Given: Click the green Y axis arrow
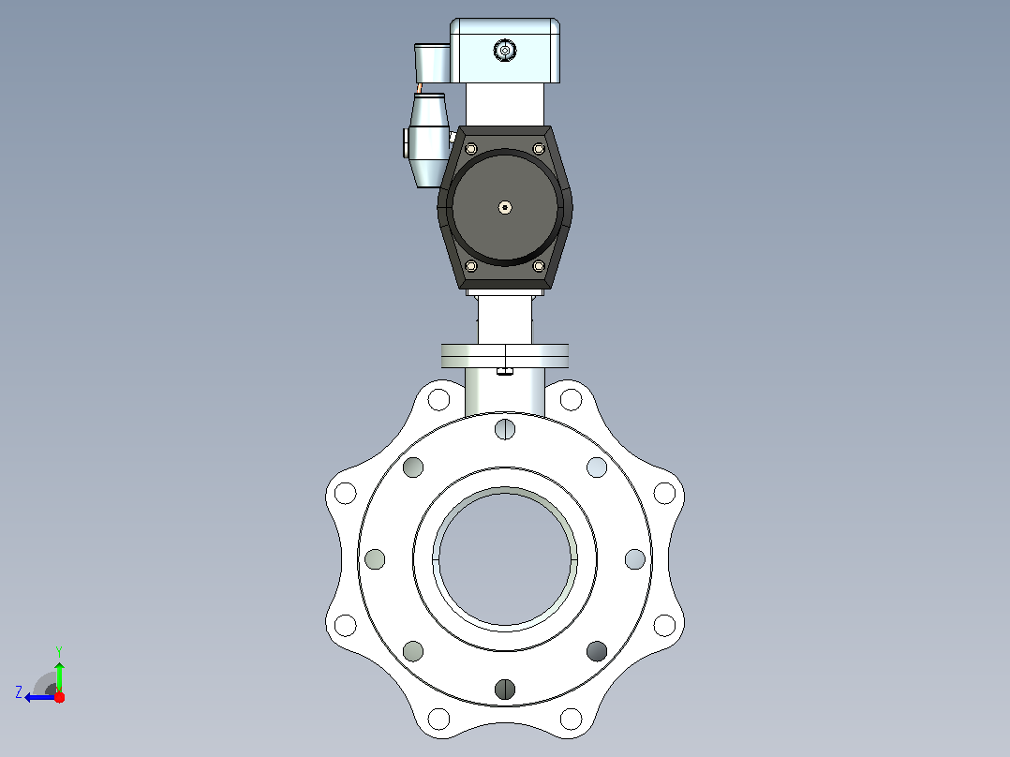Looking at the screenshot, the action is click(x=59, y=676).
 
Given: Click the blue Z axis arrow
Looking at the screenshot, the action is click(x=40, y=697).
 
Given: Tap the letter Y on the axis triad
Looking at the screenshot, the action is click(x=59, y=651).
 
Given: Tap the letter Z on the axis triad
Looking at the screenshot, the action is click(x=19, y=692).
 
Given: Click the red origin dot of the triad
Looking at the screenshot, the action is click(x=59, y=697).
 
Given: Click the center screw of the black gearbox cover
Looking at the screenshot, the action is click(x=505, y=207).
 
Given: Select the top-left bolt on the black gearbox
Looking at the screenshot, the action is click(x=471, y=149).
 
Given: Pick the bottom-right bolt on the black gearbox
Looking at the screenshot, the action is click(x=539, y=265).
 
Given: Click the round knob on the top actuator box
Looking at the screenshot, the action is click(x=505, y=50).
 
